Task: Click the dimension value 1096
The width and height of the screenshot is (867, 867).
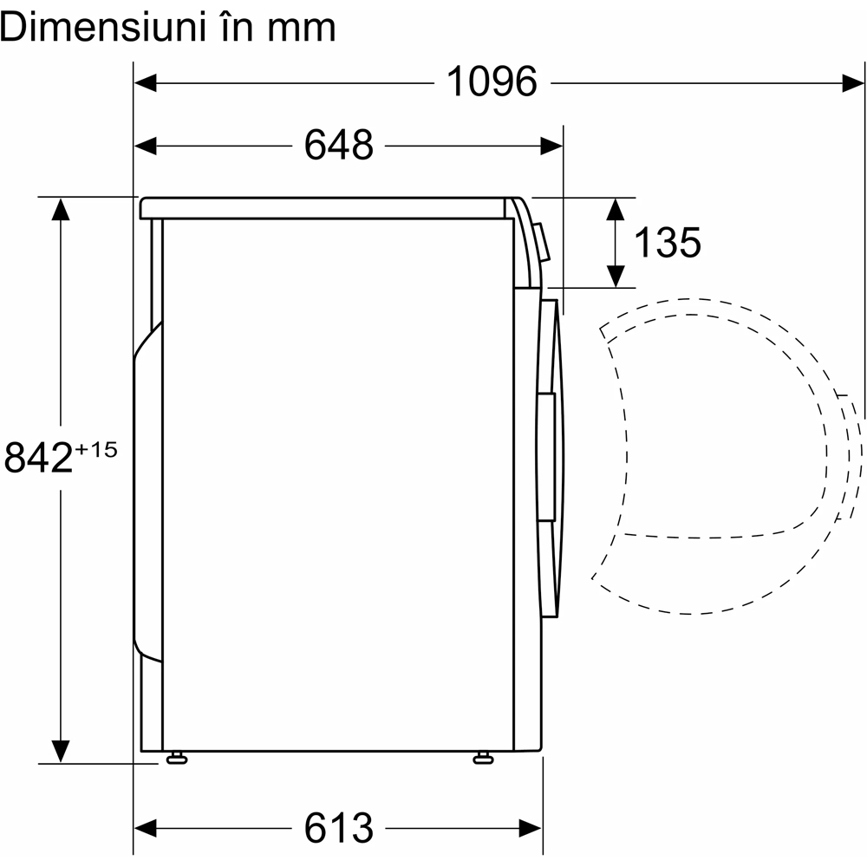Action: pos(492,81)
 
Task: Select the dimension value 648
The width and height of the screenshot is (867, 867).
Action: pos(339,146)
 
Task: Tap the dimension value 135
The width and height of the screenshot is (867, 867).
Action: pos(668,242)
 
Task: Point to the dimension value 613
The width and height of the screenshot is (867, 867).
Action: pos(339,828)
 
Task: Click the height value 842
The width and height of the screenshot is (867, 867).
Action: pos(39,457)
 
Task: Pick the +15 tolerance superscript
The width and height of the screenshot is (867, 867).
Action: pos(96,449)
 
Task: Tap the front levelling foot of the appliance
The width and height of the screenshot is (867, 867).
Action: pos(483,758)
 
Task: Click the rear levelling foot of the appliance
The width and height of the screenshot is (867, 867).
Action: pos(177,758)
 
